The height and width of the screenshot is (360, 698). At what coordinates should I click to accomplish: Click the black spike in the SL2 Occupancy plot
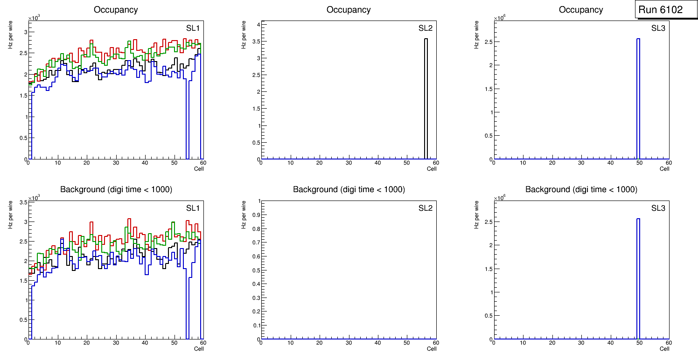pos(426,98)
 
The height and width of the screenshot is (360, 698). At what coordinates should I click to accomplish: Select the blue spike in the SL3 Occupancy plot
pos(638,98)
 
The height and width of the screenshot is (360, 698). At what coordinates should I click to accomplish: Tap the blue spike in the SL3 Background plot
pos(638,280)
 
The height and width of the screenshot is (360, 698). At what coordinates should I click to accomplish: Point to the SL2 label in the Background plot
pos(426,208)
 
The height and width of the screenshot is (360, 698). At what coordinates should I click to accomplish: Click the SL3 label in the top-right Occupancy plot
pos(658,28)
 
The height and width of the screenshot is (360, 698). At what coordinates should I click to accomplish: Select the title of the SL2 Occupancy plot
pos(349,10)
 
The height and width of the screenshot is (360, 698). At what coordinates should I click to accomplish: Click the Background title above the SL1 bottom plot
pos(116,189)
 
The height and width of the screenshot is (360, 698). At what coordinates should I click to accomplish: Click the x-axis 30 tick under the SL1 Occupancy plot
pos(116,163)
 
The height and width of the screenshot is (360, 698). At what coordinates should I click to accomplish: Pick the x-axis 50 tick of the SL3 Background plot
pos(640,343)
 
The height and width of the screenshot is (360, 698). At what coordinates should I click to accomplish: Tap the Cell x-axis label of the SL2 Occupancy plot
pos(432,168)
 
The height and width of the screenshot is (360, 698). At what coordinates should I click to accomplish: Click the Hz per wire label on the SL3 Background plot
pos(477,214)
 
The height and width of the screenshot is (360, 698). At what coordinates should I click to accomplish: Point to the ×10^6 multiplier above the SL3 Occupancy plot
pos(499,17)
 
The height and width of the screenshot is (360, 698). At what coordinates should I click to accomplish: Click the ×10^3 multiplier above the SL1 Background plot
pos(34,198)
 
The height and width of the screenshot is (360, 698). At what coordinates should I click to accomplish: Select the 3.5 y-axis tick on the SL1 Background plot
pos(22,202)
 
